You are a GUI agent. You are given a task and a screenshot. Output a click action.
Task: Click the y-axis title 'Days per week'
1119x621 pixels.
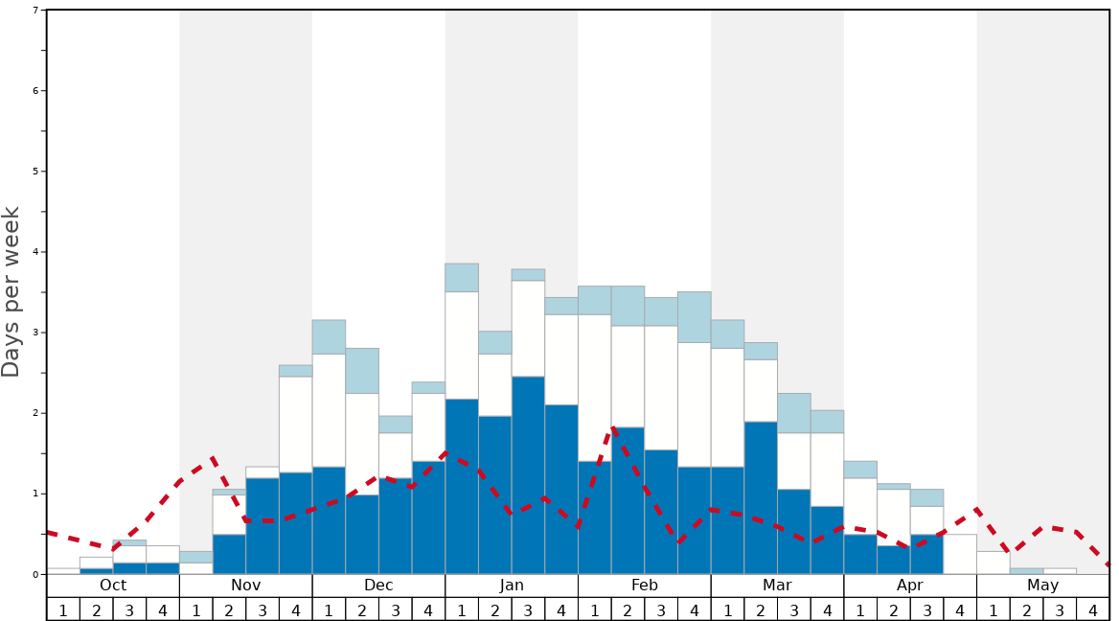tap(11, 292)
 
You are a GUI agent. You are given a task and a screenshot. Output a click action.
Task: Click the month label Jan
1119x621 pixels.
tap(512, 586)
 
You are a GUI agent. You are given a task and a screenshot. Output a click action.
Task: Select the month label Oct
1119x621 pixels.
tap(113, 586)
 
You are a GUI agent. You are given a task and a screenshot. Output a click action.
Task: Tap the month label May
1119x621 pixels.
tap(1043, 586)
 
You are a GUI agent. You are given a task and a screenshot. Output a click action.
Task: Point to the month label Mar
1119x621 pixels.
tap(777, 586)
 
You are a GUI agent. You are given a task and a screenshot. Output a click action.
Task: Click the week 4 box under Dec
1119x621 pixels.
tap(428, 609)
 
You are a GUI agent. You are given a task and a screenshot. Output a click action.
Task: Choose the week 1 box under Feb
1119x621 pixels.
tap(595, 609)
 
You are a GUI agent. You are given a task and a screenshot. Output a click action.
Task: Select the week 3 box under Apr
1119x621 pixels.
tap(926, 609)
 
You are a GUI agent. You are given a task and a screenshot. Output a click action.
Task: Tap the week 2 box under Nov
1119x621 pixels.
tap(229, 609)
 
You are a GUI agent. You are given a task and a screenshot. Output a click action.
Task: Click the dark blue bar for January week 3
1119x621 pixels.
tap(528, 475)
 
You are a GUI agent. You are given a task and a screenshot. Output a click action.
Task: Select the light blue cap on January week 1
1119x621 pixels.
tap(462, 278)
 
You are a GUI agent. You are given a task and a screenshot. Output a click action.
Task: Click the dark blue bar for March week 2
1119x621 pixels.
tap(761, 497)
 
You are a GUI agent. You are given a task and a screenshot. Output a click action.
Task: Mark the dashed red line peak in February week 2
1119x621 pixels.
tap(613, 428)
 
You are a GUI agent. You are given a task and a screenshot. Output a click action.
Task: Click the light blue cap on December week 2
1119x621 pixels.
tap(362, 371)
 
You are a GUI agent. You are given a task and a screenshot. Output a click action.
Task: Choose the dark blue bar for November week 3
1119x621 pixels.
tap(263, 526)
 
